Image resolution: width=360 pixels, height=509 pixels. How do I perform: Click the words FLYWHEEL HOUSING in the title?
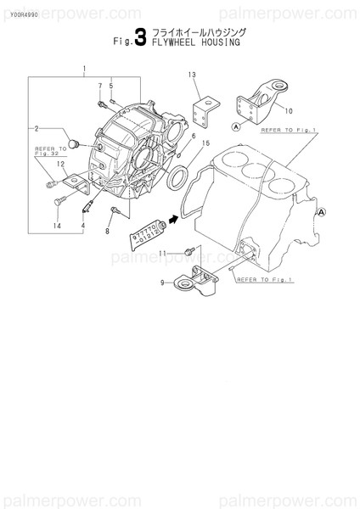click(195, 42)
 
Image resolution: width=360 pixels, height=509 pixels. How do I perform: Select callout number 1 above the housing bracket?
click(84, 69)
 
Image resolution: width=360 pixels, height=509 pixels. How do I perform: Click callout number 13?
click(192, 76)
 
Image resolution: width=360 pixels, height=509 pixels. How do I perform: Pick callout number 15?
click(205, 144)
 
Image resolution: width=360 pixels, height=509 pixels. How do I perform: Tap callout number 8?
click(108, 231)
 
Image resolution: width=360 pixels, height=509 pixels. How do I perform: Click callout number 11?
click(168, 252)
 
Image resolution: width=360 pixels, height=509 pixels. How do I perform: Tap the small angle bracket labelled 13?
click(203, 110)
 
